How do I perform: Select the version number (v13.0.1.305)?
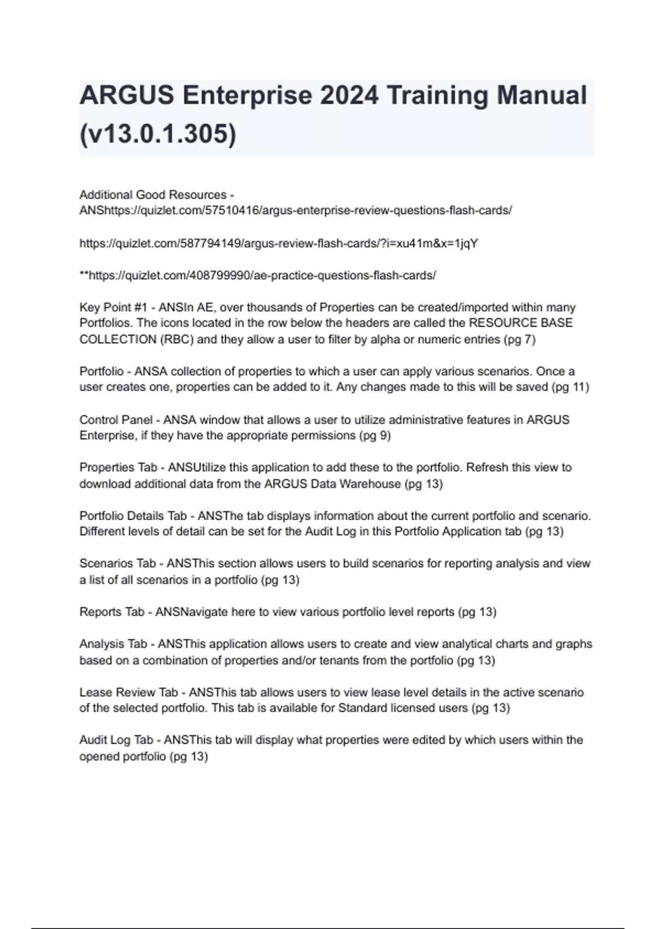(x=157, y=134)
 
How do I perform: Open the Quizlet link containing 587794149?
(x=279, y=243)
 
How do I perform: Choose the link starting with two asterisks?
(x=257, y=275)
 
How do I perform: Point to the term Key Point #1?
(x=113, y=308)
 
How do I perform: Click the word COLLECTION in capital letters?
(x=118, y=339)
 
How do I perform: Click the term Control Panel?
(x=116, y=420)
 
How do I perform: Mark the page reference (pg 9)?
(x=374, y=436)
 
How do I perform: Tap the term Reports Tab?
(x=112, y=612)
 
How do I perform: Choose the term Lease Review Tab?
(x=128, y=692)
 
